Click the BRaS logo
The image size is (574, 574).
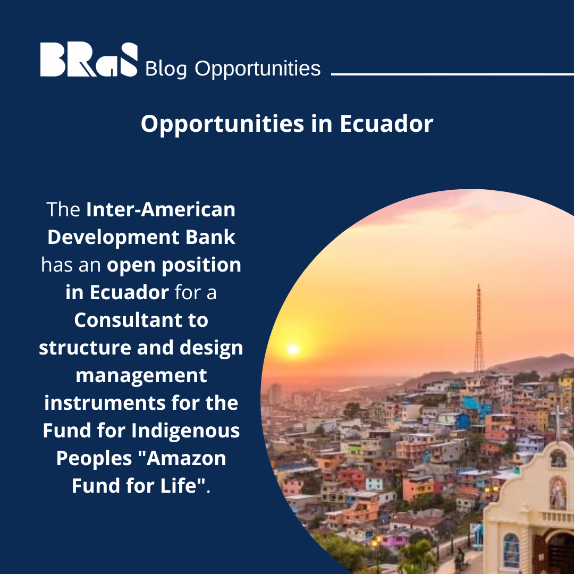pyautogui.click(x=89, y=60)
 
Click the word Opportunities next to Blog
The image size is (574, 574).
pyautogui.click(x=257, y=69)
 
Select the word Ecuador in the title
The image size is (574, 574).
pyautogui.click(x=386, y=124)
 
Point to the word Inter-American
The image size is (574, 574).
pyautogui.click(x=161, y=209)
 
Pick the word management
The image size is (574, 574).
pyautogui.click(x=141, y=375)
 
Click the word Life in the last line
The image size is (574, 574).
pyautogui.click(x=185, y=486)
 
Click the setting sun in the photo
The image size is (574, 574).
pyautogui.click(x=292, y=349)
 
